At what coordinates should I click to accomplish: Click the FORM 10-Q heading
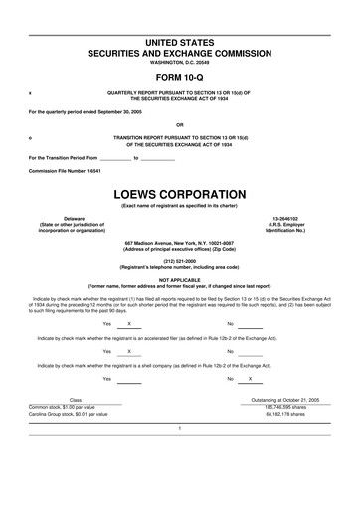click(179, 76)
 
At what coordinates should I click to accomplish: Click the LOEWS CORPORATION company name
click(180, 193)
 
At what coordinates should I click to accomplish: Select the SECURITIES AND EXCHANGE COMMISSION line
click(180, 50)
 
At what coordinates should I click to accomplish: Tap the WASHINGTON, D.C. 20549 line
click(180, 62)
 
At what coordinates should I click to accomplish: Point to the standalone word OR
click(180, 124)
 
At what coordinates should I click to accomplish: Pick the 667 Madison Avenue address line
click(180, 243)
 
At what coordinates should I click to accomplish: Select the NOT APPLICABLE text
click(180, 279)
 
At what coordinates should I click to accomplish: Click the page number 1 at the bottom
click(180, 428)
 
